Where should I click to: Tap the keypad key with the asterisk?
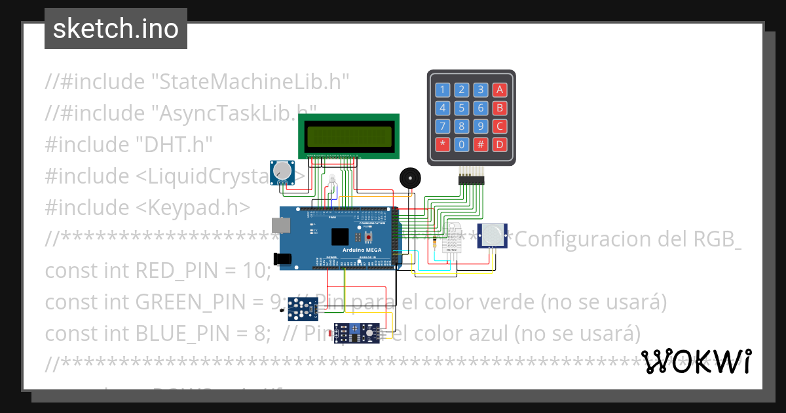(443, 144)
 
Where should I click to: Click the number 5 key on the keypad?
(462, 108)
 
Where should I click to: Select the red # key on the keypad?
(481, 144)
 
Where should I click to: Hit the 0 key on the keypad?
(462, 144)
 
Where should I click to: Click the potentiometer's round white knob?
(283, 171)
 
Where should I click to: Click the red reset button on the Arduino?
(369, 236)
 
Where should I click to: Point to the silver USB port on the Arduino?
(282, 225)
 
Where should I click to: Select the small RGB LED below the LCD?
(332, 180)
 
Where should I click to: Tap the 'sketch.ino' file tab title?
(116, 29)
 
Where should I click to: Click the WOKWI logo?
(696, 361)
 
